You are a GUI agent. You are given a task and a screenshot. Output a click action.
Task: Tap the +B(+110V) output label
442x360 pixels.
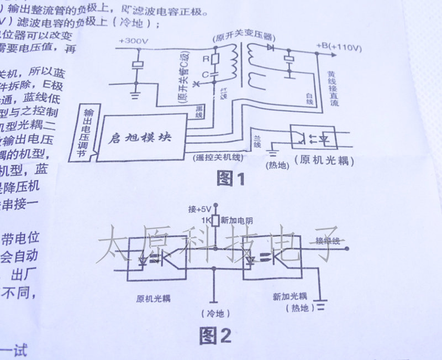(339, 48)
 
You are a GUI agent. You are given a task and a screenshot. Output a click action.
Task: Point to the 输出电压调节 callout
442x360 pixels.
(86, 132)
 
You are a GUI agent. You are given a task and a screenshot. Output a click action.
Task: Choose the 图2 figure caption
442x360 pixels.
(216, 335)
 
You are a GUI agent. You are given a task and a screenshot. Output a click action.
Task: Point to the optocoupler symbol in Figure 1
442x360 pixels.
(314, 136)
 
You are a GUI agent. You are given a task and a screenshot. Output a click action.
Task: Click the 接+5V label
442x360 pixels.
(199, 209)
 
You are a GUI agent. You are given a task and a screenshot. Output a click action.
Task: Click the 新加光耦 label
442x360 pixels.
(290, 296)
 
